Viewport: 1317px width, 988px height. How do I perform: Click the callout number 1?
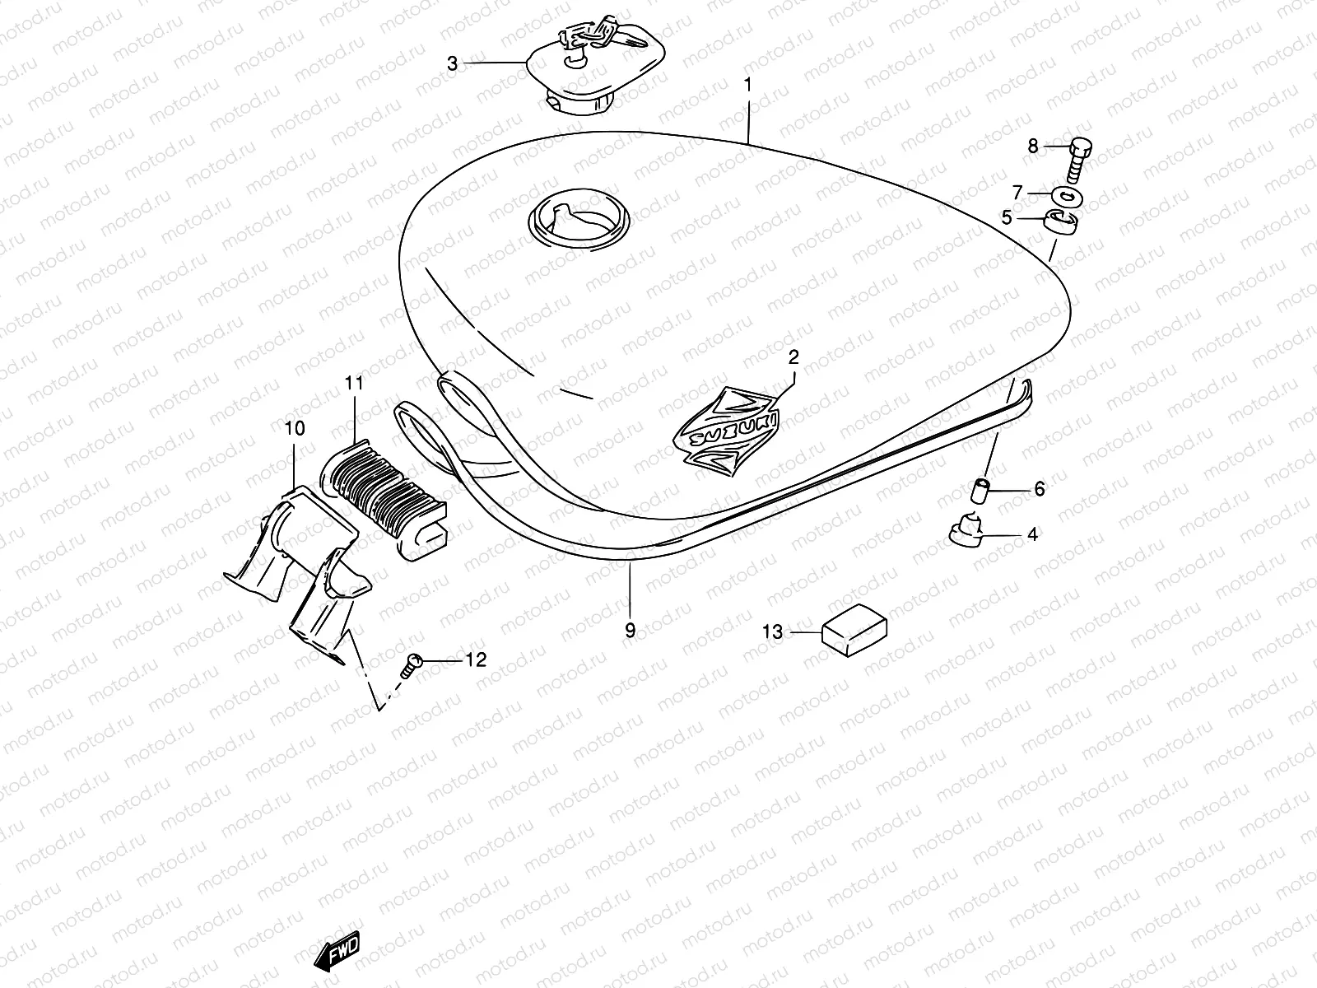748,84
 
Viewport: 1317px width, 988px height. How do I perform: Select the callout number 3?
452,63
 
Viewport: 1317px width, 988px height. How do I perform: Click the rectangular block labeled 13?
854,632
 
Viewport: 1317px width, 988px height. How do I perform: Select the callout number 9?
630,631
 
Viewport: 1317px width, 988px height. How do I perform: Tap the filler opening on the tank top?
578,221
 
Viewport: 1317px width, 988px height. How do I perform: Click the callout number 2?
793,357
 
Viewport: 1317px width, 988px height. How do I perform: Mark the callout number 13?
772,632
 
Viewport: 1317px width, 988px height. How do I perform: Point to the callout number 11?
354,382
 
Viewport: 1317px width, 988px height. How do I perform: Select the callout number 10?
294,428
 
